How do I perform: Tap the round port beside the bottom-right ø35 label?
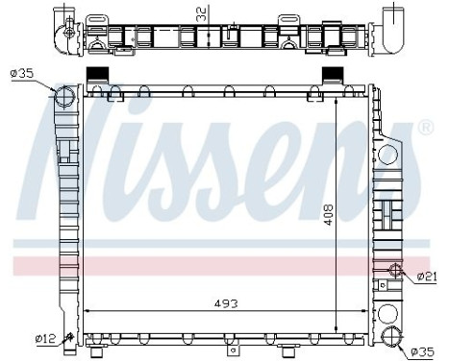point(391,336)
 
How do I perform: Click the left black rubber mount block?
point(98,77)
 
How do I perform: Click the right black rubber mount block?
point(332,77)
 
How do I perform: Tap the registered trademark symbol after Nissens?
point(424,127)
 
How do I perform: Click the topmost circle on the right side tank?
point(390,156)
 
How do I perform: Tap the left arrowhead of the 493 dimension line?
point(88,310)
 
